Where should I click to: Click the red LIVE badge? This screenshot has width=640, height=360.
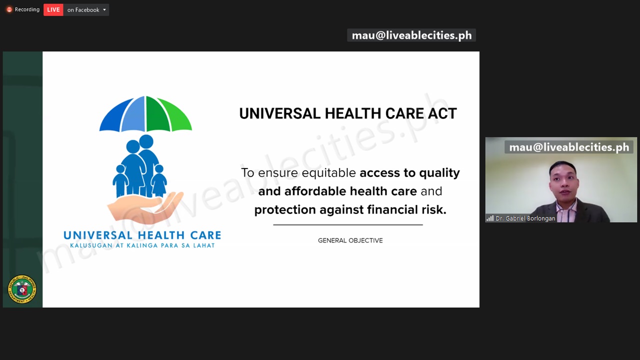[53, 9]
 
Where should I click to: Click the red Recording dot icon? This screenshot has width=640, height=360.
[9, 9]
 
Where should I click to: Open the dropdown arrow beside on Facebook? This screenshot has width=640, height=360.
[104, 9]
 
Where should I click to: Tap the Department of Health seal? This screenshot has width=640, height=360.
[22, 289]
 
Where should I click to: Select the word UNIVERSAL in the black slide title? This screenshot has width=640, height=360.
[279, 113]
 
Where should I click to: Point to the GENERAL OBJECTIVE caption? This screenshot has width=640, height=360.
[350, 240]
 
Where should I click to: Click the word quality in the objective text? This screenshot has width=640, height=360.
[439, 173]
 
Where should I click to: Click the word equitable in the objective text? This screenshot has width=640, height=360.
[328, 173]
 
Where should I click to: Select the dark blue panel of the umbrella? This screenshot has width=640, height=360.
[115, 115]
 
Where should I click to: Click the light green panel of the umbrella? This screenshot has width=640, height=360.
[175, 115]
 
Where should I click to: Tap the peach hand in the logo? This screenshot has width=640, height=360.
[145, 207]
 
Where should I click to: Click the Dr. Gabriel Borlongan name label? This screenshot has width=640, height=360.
[525, 218]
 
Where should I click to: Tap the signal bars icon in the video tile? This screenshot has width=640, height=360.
[490, 218]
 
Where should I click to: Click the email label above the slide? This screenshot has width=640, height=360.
[411, 35]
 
